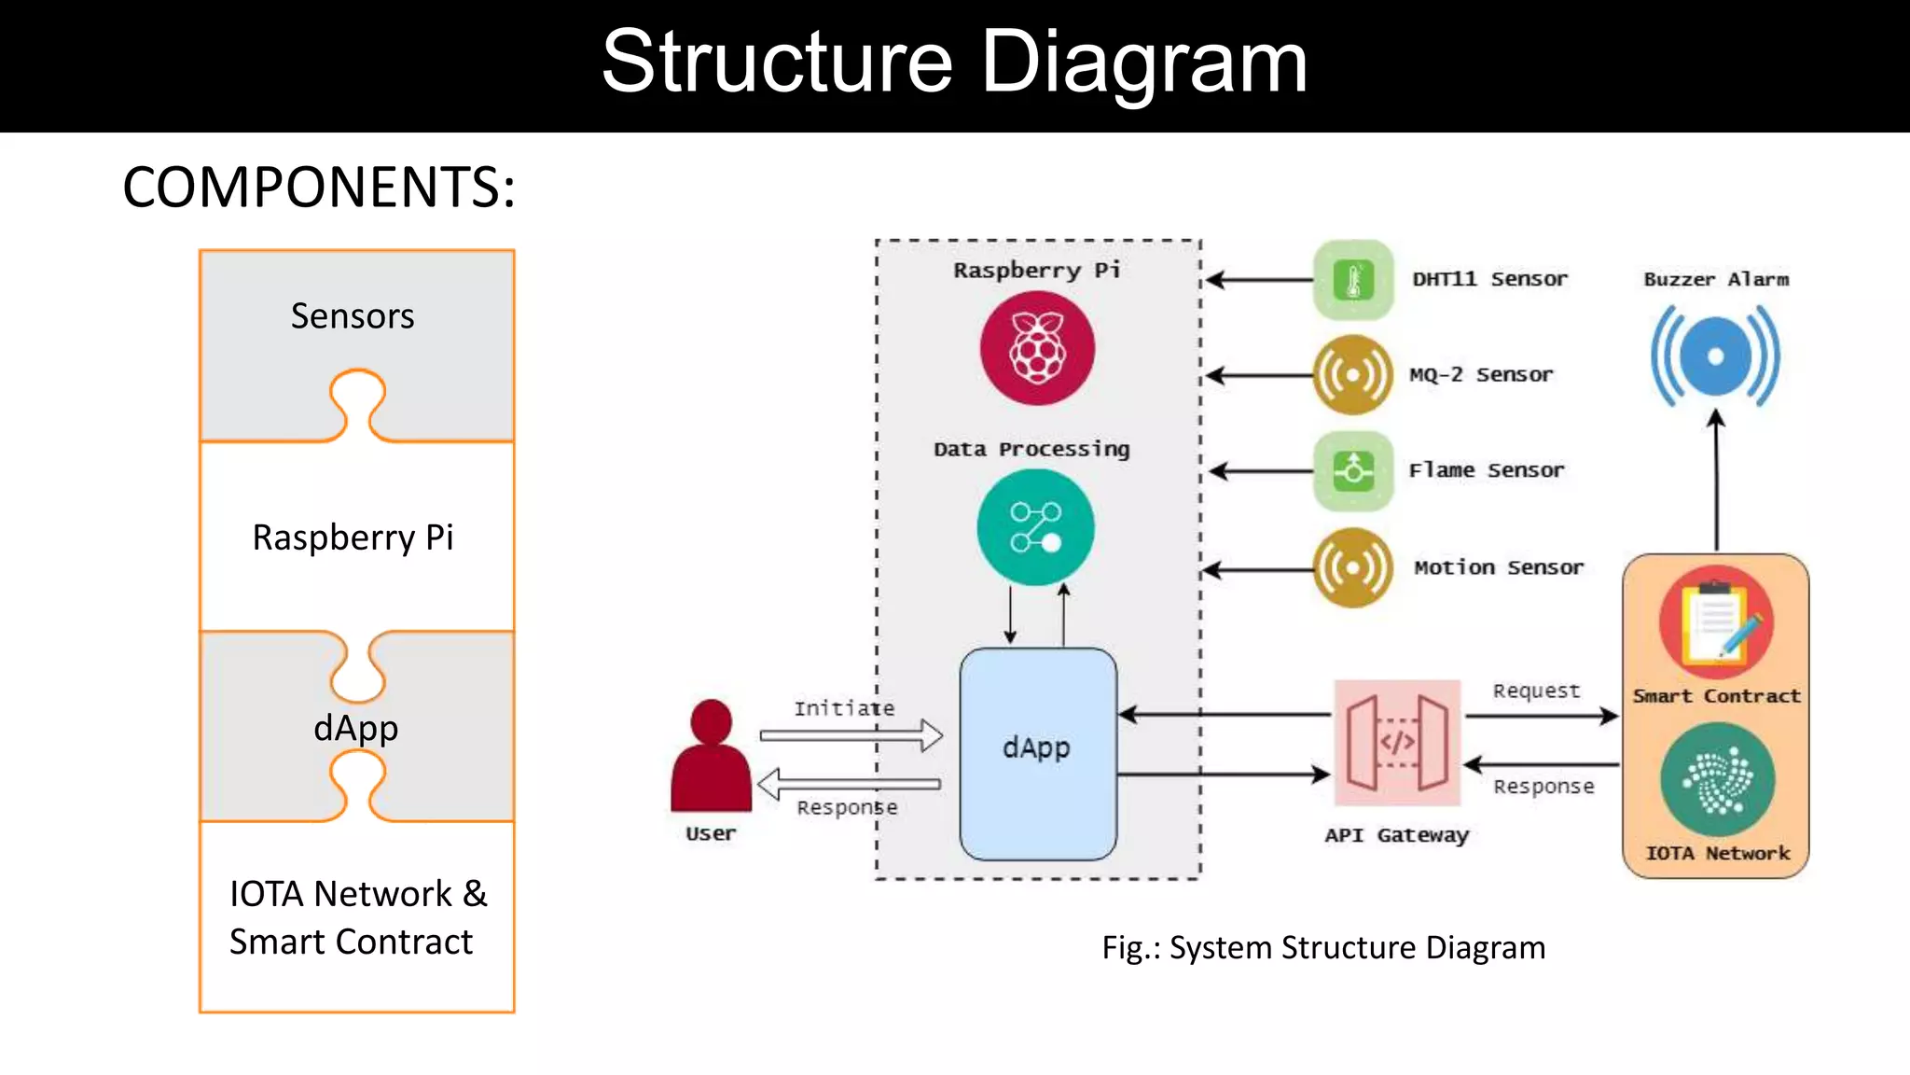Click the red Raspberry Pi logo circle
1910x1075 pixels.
tap(1037, 348)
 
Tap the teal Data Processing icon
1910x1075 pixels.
tap(1035, 527)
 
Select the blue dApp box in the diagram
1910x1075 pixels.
tap(1037, 753)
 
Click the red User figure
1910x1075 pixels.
tap(711, 758)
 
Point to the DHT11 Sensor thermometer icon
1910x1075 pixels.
tap(1353, 280)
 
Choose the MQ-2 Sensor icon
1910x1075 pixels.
tap(1352, 375)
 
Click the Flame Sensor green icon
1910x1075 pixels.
tap(1353, 470)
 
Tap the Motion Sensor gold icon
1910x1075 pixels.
tap(1352, 567)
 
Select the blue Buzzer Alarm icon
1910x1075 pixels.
tap(1715, 357)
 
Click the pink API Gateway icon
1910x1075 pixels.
tap(1397, 743)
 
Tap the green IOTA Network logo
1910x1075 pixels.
tap(1717, 780)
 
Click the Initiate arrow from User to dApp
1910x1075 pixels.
tap(851, 735)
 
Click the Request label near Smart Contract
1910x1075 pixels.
tap(1536, 691)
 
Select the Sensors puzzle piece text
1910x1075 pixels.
tap(353, 316)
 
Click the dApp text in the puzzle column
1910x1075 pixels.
tap(355, 728)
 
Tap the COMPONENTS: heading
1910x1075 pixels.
tap(319, 187)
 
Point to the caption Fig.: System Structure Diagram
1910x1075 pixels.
tap(1323, 947)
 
